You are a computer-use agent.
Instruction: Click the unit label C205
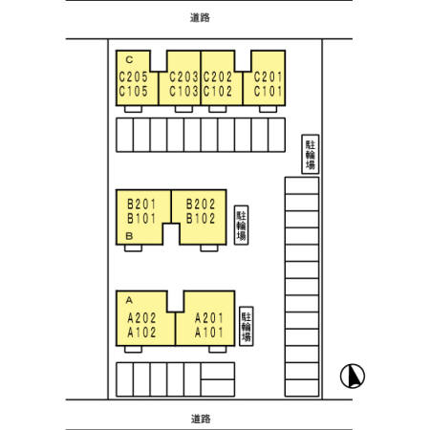(x=134, y=76)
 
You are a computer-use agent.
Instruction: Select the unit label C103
(x=183, y=92)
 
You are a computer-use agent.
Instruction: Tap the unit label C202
(x=218, y=76)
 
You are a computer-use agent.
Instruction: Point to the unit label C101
(x=268, y=92)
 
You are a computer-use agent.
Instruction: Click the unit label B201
(x=141, y=204)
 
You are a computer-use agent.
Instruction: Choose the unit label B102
(x=201, y=219)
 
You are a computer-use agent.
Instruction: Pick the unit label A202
(x=141, y=318)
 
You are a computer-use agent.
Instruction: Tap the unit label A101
(x=209, y=333)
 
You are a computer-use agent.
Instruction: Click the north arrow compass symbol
(x=353, y=376)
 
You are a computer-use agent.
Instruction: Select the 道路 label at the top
(x=200, y=18)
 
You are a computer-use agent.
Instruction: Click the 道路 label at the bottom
(x=201, y=419)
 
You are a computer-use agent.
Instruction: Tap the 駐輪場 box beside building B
(x=241, y=226)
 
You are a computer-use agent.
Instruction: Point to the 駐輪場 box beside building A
(x=247, y=326)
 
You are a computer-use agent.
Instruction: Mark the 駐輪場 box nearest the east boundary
(x=311, y=154)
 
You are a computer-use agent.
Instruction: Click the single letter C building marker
(x=129, y=59)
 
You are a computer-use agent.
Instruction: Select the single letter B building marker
(x=129, y=236)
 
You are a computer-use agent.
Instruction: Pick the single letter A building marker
(x=129, y=300)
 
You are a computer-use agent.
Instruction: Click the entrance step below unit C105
(x=133, y=109)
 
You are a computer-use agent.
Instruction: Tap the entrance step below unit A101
(x=218, y=350)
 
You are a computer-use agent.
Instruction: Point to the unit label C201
(x=268, y=76)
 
